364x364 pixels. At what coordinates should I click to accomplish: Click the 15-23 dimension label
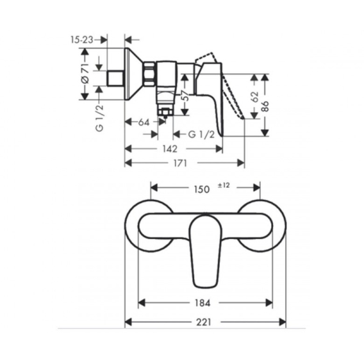click(82, 40)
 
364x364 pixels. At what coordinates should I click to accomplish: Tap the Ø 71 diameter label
click(85, 73)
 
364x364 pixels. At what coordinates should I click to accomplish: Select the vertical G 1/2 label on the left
click(100, 118)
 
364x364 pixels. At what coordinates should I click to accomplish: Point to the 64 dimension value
click(144, 122)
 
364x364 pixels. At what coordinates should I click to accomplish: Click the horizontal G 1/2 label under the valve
click(201, 135)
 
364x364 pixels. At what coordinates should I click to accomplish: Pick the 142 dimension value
click(170, 149)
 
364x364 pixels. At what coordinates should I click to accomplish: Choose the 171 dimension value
click(180, 163)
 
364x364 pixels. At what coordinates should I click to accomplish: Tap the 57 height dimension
click(185, 95)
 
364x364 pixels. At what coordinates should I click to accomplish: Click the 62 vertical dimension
click(255, 97)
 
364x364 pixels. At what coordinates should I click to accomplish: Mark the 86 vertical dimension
click(265, 106)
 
